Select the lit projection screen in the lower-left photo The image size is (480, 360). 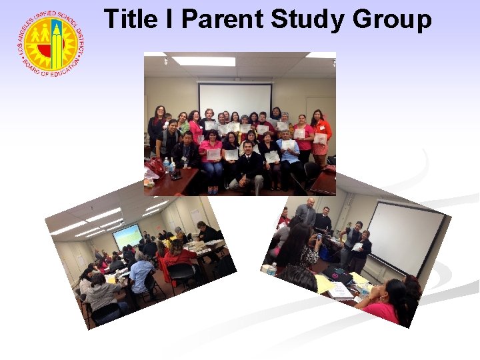pos(127,235)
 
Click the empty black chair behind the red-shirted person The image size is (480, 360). pos(180,273)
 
